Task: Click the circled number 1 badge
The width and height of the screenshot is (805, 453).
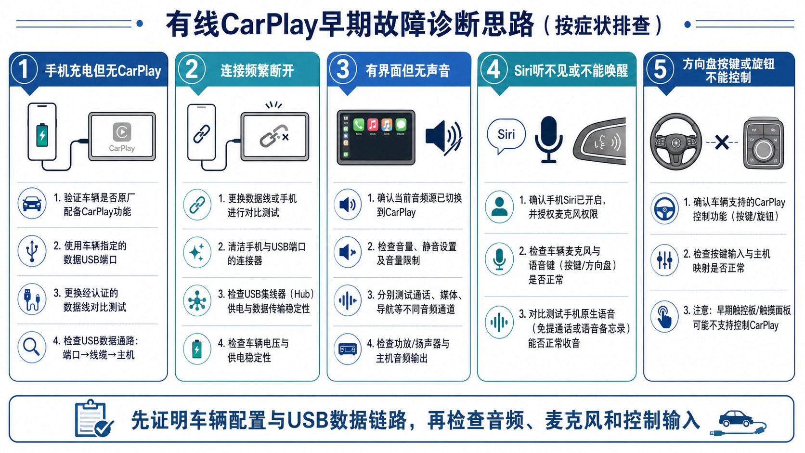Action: click(24, 69)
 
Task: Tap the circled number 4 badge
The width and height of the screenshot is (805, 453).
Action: click(494, 69)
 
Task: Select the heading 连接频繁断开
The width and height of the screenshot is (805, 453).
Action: click(257, 71)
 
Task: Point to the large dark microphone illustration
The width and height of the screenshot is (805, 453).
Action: click(548, 140)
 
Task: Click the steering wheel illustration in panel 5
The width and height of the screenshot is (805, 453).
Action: click(676, 142)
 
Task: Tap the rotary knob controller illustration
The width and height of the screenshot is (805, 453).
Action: click(763, 143)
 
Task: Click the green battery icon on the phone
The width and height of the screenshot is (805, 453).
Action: click(42, 135)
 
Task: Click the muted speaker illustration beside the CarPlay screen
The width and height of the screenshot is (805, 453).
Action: click(443, 138)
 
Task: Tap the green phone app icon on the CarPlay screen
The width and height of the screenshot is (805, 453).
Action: click(359, 125)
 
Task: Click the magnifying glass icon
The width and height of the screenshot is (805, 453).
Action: click(32, 347)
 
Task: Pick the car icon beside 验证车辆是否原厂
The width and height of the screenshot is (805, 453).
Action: click(32, 203)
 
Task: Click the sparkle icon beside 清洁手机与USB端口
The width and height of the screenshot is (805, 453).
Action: click(197, 252)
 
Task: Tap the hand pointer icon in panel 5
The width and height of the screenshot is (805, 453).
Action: click(664, 316)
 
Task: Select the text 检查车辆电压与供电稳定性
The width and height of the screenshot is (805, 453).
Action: click(253, 350)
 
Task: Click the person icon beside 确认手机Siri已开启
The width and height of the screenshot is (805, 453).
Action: click(499, 207)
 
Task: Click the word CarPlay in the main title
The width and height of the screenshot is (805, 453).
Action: click(269, 25)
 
